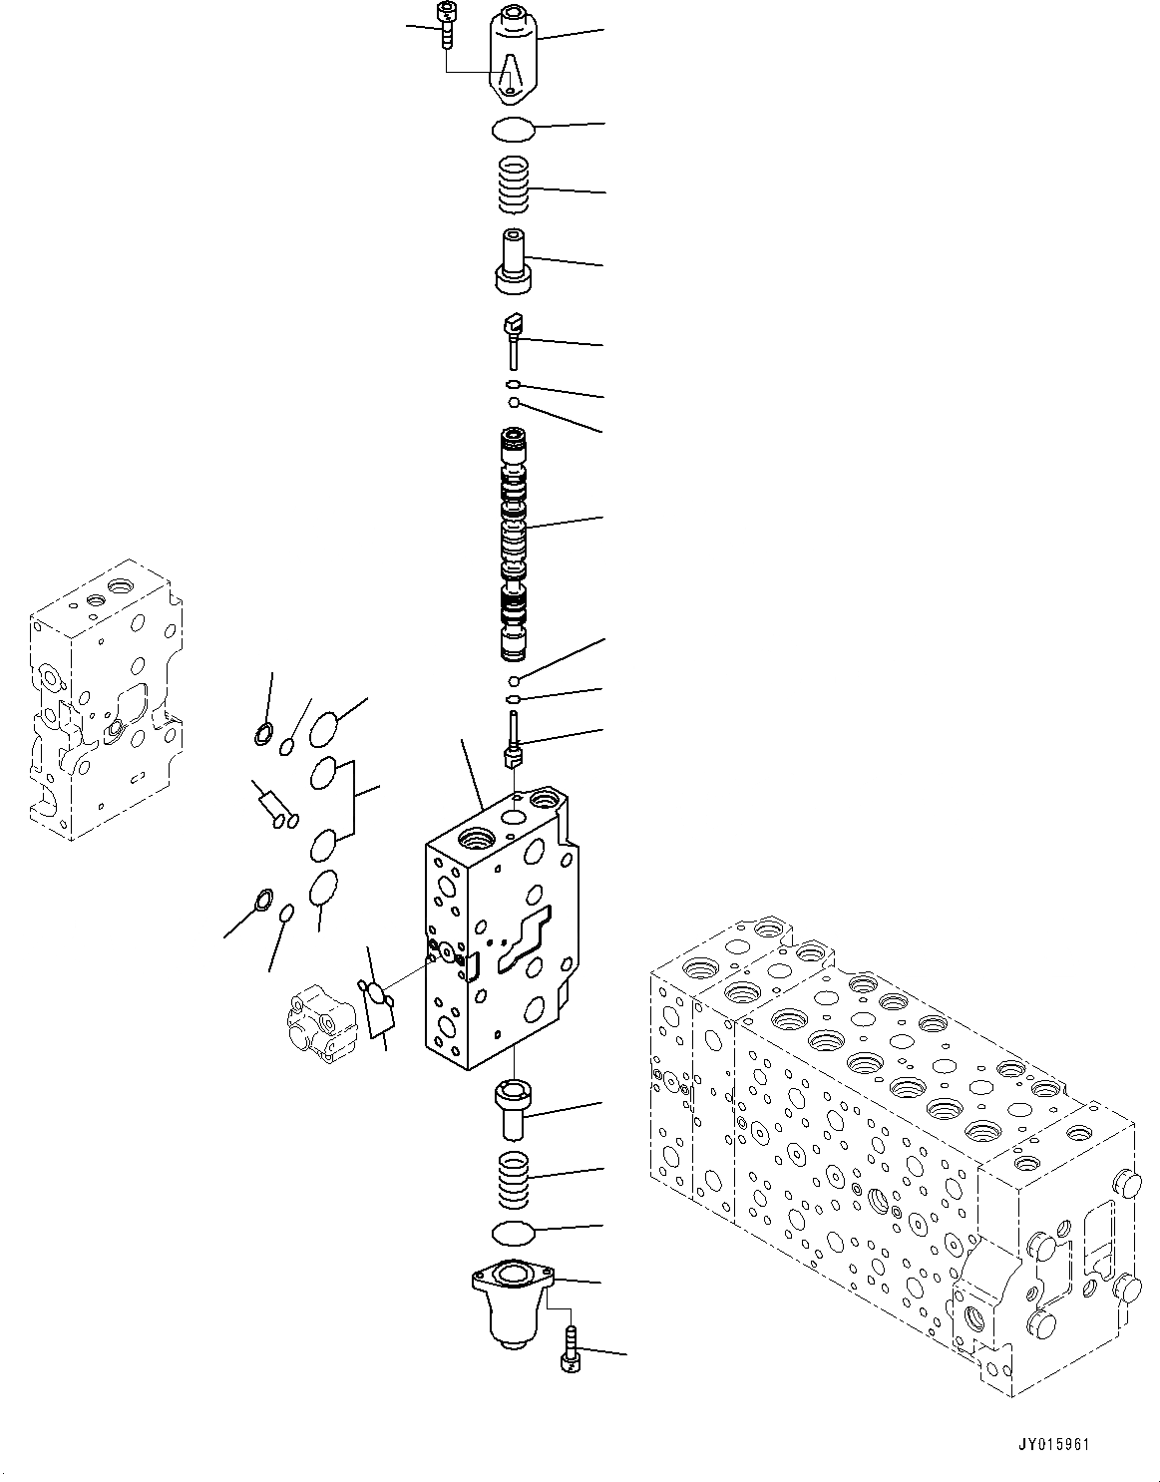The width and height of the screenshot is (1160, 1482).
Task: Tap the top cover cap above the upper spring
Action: [x=514, y=55]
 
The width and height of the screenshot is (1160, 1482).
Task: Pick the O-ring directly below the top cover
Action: [x=514, y=129]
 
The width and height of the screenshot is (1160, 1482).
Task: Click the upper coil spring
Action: [x=514, y=186]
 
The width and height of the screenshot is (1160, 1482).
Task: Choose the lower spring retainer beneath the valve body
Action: [x=514, y=1108]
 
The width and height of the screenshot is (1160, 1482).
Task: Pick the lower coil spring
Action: [x=514, y=1178]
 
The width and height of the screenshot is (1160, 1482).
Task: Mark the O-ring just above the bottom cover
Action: [x=514, y=1232]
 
